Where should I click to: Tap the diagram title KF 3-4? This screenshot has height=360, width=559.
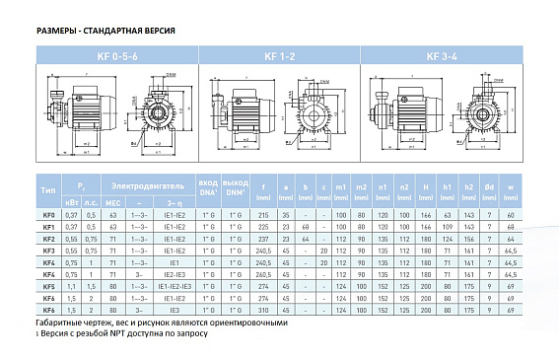click(x=439, y=57)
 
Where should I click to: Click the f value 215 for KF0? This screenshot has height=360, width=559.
click(x=262, y=214)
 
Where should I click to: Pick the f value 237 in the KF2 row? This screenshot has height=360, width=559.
click(x=262, y=239)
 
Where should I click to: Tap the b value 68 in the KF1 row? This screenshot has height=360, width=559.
click(x=307, y=227)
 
